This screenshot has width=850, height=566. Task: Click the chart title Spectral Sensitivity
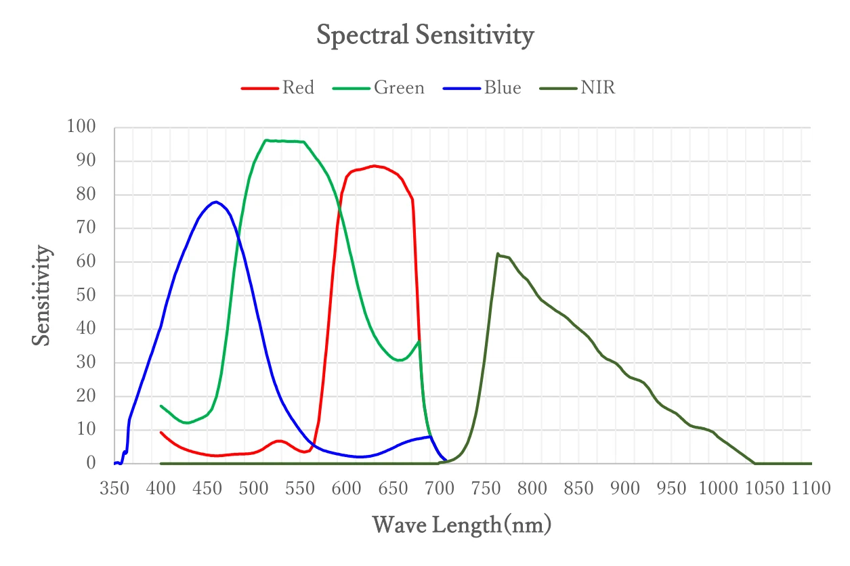tap(425, 35)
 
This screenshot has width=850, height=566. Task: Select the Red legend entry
tap(278, 87)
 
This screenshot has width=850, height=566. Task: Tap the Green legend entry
tap(379, 87)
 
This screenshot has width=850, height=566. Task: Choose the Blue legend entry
tap(482, 87)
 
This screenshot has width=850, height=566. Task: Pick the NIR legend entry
tap(577, 87)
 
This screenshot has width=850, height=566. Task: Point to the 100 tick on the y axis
tap(81, 126)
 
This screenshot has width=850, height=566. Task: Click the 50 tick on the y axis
tap(86, 295)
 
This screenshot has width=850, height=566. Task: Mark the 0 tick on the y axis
tap(91, 463)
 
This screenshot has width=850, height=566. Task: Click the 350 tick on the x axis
tap(114, 488)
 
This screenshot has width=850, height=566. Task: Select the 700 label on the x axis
tap(440, 488)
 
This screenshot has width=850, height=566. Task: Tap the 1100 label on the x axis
tap(811, 488)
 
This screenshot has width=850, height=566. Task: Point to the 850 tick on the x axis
tap(578, 488)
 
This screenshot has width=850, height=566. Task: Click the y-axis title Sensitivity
tap(41, 295)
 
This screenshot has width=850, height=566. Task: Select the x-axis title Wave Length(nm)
tap(462, 525)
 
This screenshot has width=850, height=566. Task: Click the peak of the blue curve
tap(216, 202)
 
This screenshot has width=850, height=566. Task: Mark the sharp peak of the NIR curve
tap(498, 253)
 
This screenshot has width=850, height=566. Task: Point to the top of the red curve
tap(374, 166)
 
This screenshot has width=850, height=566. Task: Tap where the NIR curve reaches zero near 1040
tap(755, 463)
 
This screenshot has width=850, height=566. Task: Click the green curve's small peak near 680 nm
tap(419, 341)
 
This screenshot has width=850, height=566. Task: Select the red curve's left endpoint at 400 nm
tap(161, 433)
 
